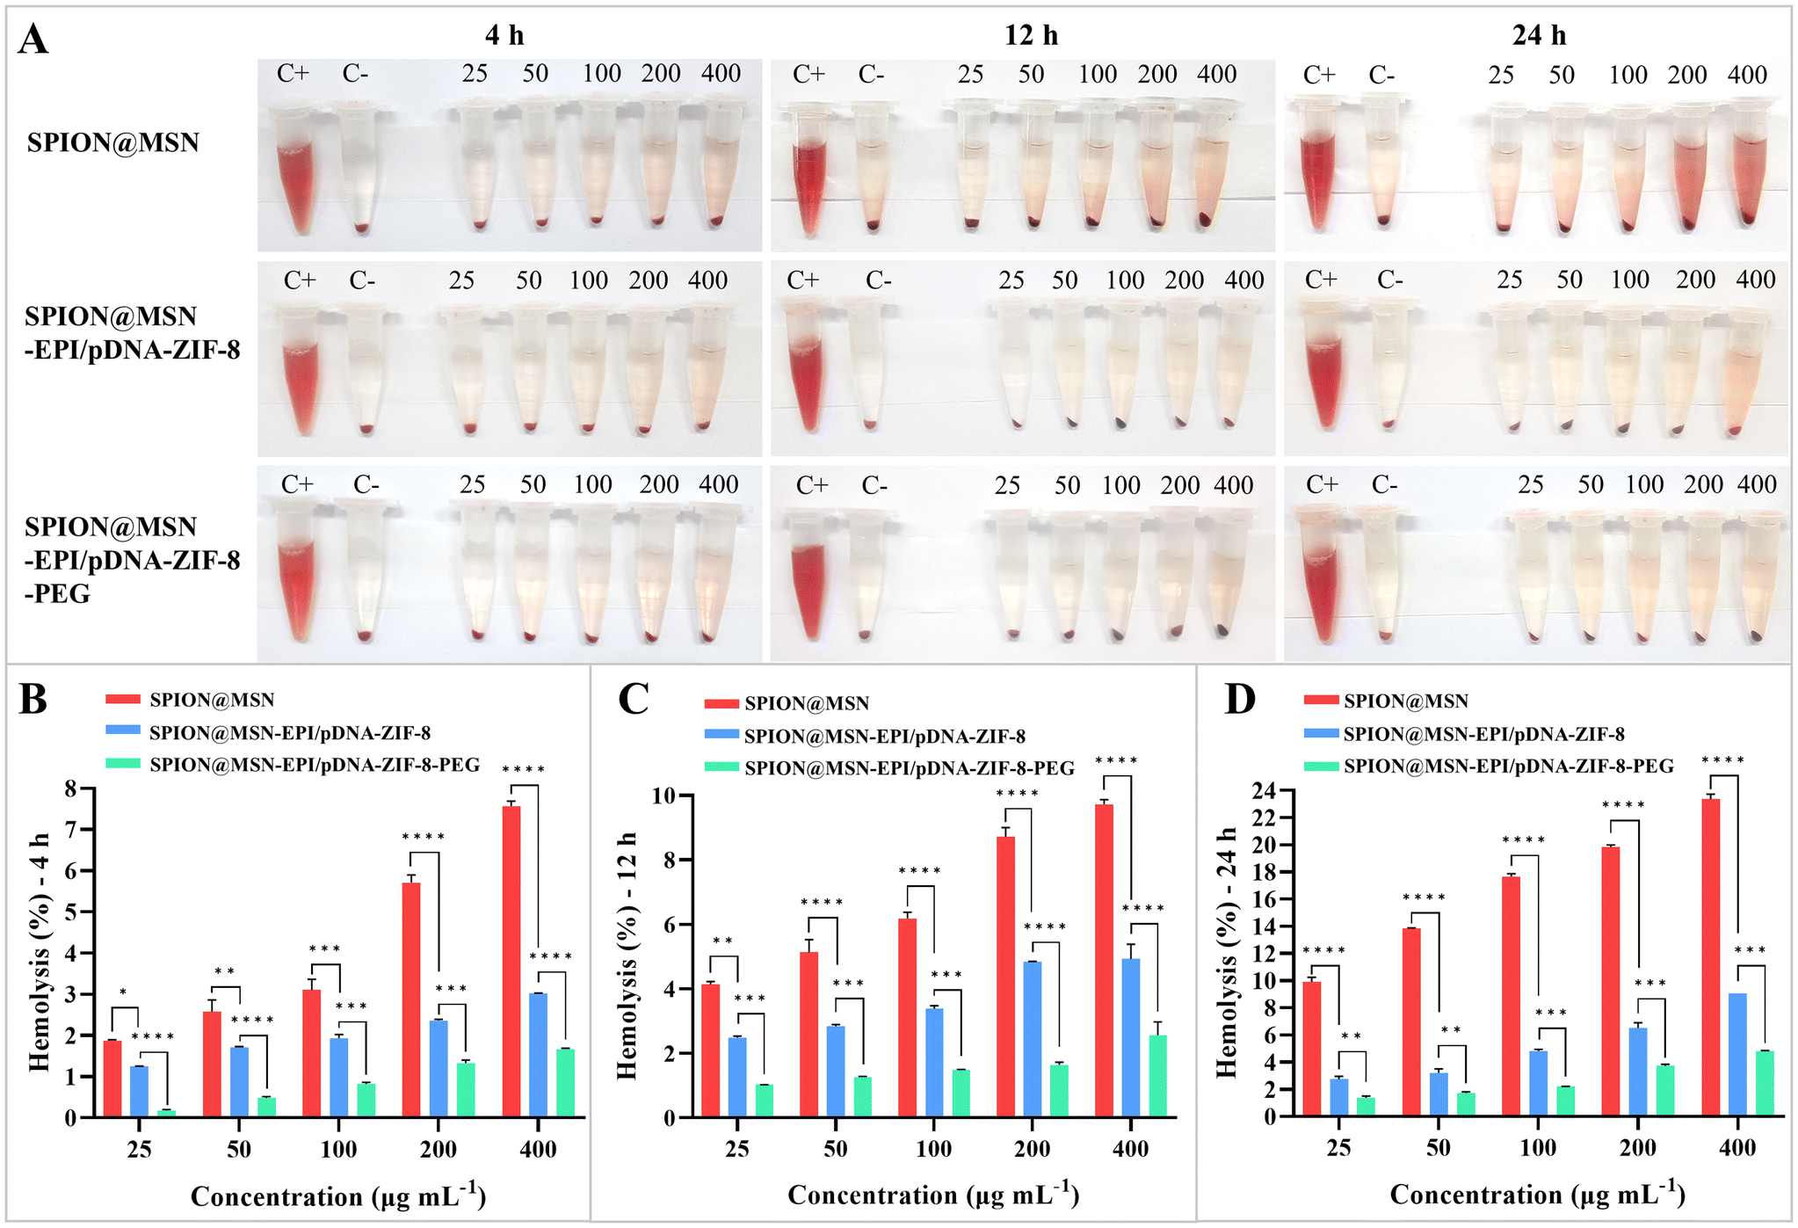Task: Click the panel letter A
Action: pos(33,40)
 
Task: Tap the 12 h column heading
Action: pos(1031,35)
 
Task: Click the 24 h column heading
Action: pos(1539,35)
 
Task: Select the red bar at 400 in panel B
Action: pos(511,962)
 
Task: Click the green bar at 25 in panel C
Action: pos(765,1101)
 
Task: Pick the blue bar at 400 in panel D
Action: pos(1737,1055)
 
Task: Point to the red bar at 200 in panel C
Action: pos(1005,977)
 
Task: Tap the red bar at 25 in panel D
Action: pos(1312,1049)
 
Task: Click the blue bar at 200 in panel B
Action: pos(438,1069)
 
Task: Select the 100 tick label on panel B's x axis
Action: pos(338,1149)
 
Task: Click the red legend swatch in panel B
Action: pos(123,700)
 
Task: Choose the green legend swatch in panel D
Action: pos(1322,767)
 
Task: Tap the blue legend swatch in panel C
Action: pos(721,736)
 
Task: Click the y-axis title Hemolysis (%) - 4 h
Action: pos(40,952)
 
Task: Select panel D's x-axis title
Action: pos(1538,1194)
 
